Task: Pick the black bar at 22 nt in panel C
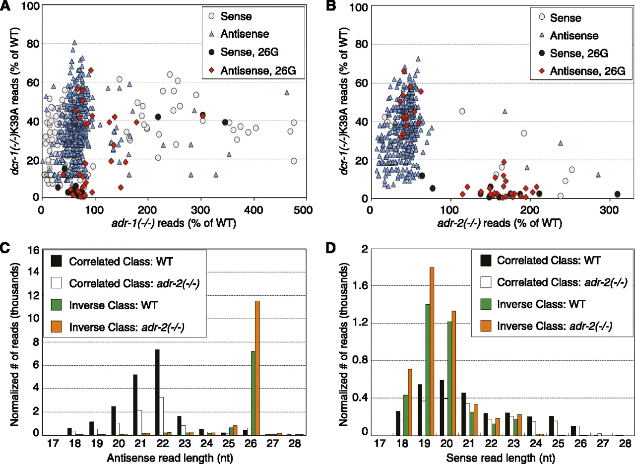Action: [x=157, y=392]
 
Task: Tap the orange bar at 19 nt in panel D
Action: [x=432, y=351]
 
